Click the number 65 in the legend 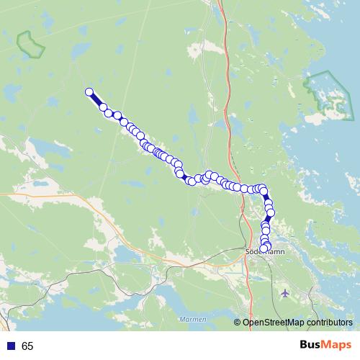click(x=27, y=346)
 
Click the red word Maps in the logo click(x=337, y=345)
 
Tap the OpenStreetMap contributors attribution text click(x=297, y=323)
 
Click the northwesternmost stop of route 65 click(x=90, y=91)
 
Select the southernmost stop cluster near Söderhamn click(x=264, y=248)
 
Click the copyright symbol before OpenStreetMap click(x=238, y=323)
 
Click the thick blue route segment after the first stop click(x=96, y=99)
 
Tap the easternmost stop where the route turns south click(x=264, y=190)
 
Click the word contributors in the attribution click(x=328, y=323)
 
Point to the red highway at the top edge click(x=220, y=6)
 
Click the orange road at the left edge click(x=7, y=194)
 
